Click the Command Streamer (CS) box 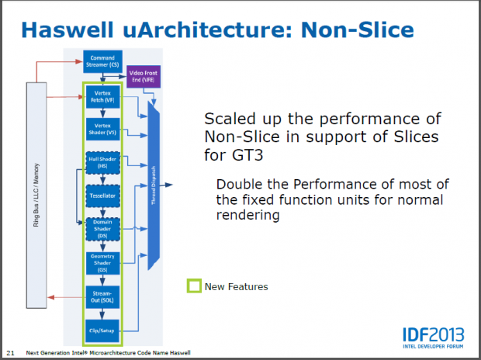pos(102,61)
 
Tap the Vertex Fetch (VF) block pos(102,98)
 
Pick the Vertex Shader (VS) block pos(102,130)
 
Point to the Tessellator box pos(102,197)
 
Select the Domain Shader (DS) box pos(102,230)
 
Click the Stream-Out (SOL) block pos(102,296)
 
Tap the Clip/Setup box pos(102,330)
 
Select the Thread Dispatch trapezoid pos(153,187)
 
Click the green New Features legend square pos(194,286)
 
